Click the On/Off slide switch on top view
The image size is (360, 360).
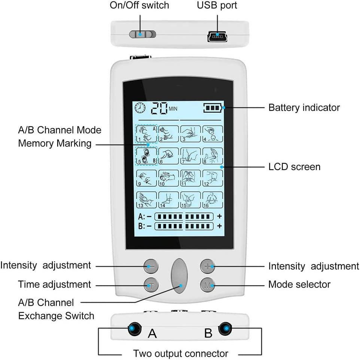143,34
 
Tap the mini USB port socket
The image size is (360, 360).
216,37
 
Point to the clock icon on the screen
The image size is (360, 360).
140,108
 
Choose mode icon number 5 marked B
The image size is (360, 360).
146,155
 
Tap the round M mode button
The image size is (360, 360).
207,285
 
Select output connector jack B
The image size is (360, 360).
225,329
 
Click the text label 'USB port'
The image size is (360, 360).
217,6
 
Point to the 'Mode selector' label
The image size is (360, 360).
299,284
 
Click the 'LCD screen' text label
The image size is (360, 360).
295,167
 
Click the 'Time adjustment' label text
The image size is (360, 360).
54,284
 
